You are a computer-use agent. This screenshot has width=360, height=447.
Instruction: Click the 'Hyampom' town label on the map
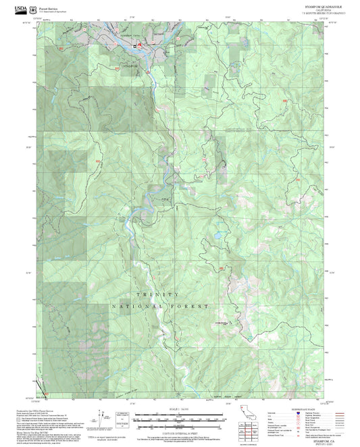pyautogui.click(x=130, y=66)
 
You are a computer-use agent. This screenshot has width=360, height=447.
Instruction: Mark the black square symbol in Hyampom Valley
pyautogui.click(x=134, y=47)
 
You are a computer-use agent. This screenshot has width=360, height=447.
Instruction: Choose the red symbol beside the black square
pyautogui.click(x=140, y=47)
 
